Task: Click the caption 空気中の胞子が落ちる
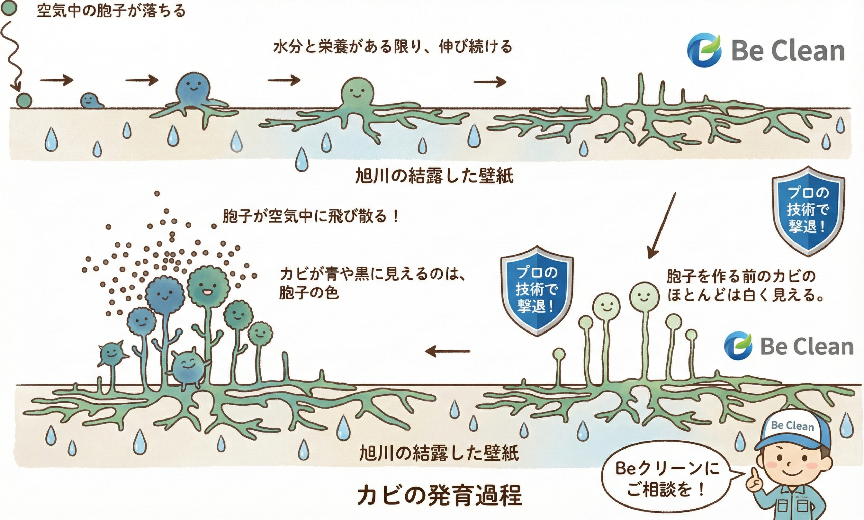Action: [111, 11]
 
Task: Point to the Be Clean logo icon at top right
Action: [704, 51]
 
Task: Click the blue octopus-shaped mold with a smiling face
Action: [193, 88]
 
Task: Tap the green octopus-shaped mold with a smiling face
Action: [357, 92]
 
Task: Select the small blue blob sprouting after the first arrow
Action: [91, 100]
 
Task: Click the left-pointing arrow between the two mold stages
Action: [448, 351]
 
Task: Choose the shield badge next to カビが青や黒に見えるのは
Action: [537, 291]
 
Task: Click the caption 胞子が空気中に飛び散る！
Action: [311, 216]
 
